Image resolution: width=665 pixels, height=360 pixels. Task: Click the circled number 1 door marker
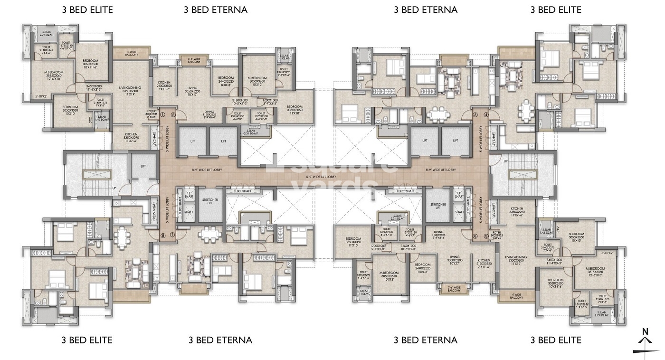click(x=162, y=114)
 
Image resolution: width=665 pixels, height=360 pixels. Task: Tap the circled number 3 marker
click(x=475, y=114)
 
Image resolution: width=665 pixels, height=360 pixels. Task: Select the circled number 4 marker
click(x=486, y=114)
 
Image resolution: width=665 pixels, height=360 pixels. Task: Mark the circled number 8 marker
click(x=162, y=235)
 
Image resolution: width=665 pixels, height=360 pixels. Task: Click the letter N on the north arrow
click(x=645, y=331)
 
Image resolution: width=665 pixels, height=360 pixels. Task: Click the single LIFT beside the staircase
click(x=143, y=166)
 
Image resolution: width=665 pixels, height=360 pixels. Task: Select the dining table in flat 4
click(x=525, y=112)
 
